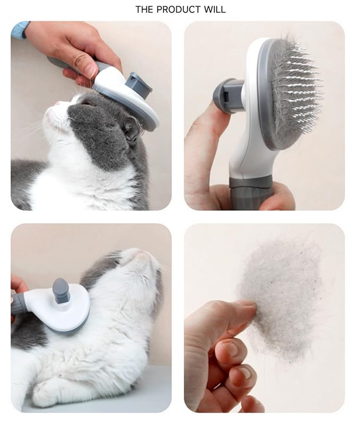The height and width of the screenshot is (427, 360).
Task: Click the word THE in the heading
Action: point(145,10)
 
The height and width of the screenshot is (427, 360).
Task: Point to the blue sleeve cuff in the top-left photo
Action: point(20,30)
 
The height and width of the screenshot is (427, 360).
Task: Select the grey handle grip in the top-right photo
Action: point(250,193)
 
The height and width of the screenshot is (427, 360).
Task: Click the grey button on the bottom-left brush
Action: point(61,291)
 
